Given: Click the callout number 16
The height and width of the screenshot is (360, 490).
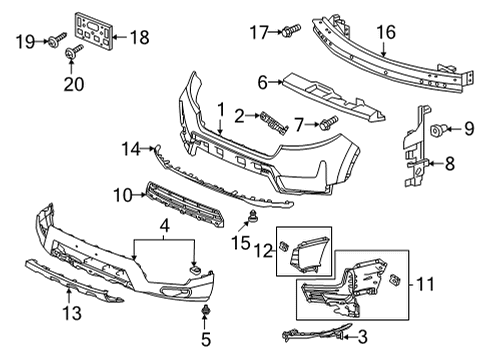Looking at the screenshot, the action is tap(386, 32).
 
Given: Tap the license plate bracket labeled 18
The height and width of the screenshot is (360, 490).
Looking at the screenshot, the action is tap(93, 32).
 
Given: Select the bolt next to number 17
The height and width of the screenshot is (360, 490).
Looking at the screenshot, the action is tap(292, 32).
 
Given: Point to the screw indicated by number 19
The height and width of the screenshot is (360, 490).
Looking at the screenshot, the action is tap(57, 39).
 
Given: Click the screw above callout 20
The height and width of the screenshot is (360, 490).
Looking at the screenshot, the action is tap(74, 52).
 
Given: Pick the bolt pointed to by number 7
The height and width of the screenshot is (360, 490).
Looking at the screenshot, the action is tap(329, 122).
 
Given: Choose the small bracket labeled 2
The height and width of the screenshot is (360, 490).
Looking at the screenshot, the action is tap(273, 123).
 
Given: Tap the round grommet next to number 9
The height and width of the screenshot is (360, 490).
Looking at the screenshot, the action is tap(436, 130).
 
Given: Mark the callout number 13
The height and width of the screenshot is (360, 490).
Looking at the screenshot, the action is tap(72, 314).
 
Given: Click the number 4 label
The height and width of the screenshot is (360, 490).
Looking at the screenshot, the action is tap(164, 226).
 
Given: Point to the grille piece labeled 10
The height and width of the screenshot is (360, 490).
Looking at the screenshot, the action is tap(185, 206).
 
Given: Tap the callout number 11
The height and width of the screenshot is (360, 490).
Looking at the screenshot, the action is tap(426, 284).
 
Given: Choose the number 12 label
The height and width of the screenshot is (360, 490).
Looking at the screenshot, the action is tap(264, 251).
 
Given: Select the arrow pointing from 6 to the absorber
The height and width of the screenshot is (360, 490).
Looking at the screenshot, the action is tap(276, 82).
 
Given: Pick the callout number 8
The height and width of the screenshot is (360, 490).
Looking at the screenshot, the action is tap(450, 164).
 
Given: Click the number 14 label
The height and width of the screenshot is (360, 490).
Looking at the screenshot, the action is tap(131, 149).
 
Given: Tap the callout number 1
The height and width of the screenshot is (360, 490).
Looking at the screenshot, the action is tap(221, 110).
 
